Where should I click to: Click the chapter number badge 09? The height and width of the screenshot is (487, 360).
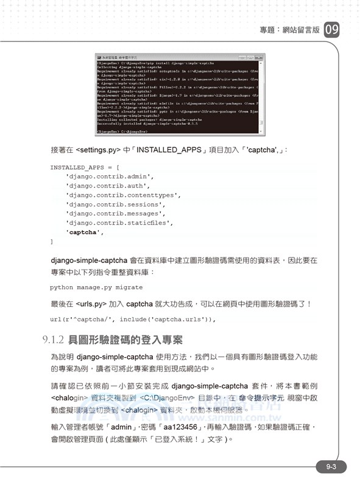tap(331, 30)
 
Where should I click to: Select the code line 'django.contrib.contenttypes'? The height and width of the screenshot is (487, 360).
tap(123, 195)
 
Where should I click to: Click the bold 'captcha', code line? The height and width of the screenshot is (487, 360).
tap(85, 232)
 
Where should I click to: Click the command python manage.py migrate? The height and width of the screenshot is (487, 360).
tap(96, 287)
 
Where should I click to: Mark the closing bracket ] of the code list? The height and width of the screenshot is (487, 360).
tap(52, 242)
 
